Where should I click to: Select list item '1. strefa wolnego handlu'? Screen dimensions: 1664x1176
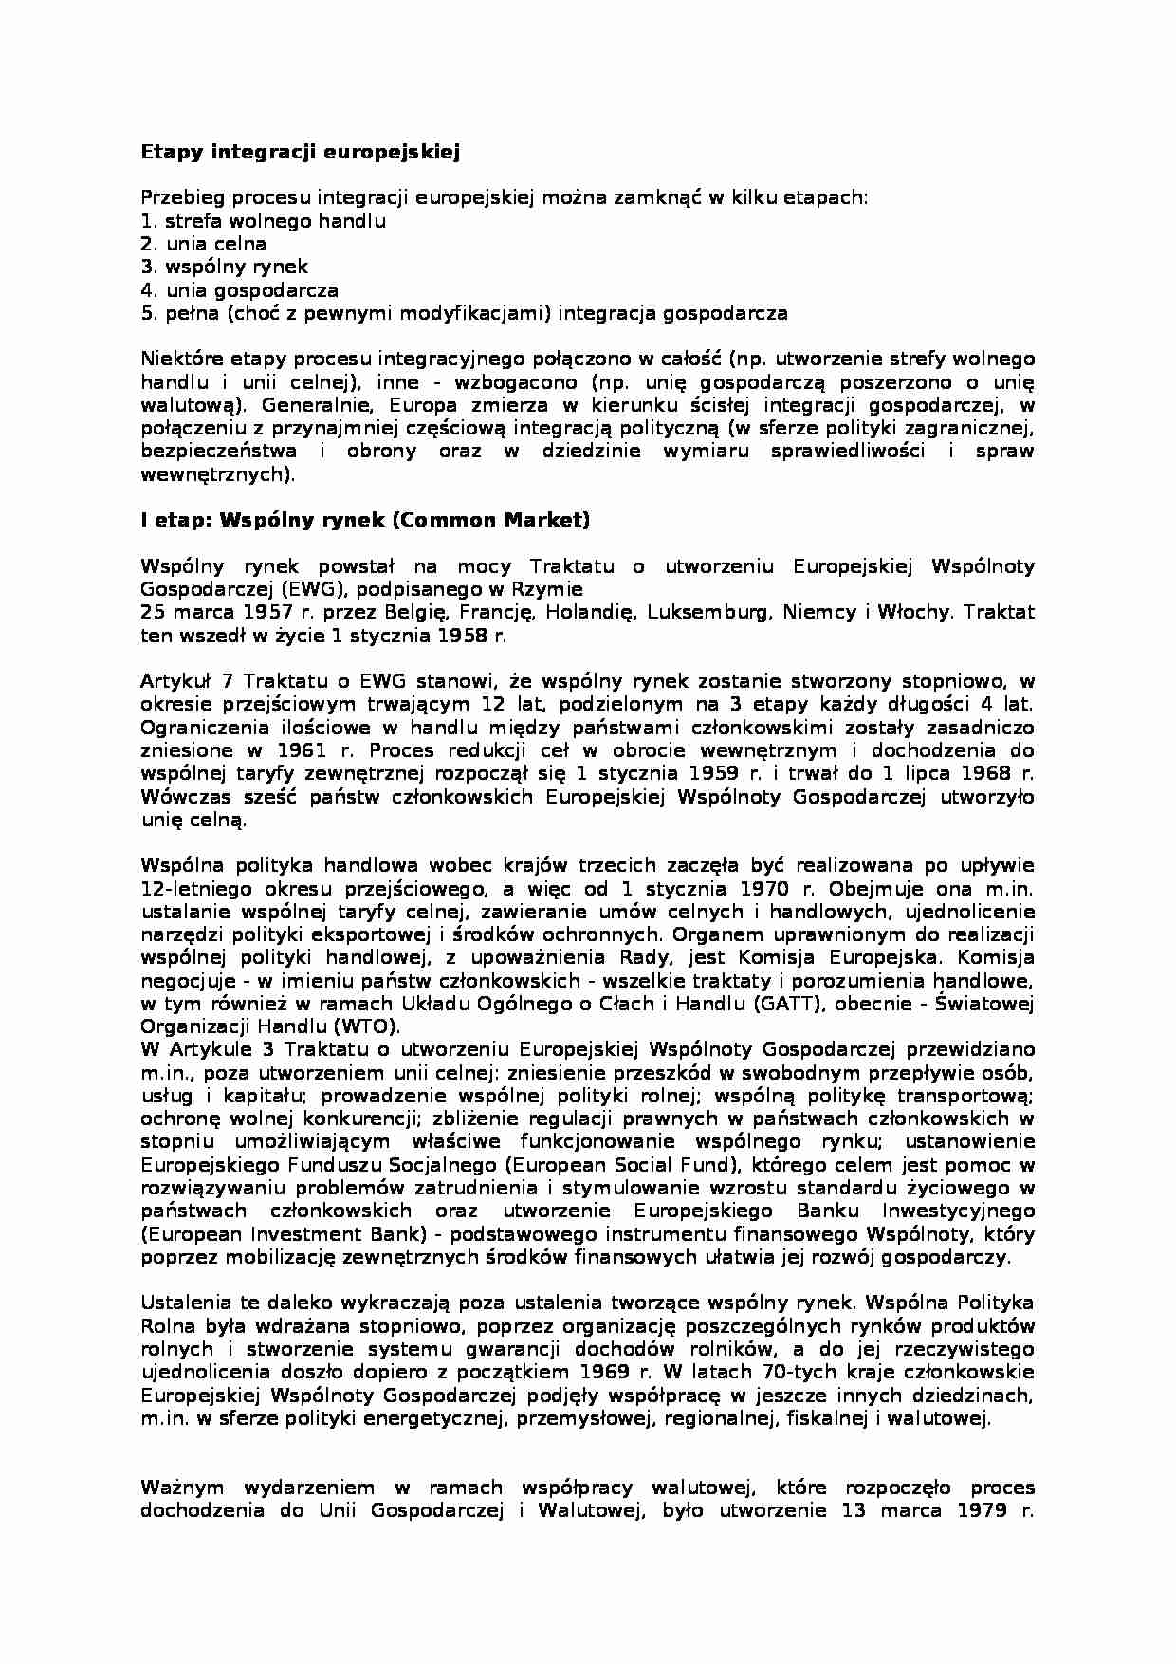pyautogui.click(x=263, y=221)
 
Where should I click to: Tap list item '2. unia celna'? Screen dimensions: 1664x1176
pyautogui.click(x=203, y=244)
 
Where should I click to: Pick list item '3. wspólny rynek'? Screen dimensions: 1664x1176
pyautogui.click(x=224, y=268)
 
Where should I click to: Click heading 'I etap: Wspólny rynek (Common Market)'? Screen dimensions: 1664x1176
pyautogui.click(x=365, y=520)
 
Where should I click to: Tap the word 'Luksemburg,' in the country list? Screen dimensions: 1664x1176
pyautogui.click(x=708, y=612)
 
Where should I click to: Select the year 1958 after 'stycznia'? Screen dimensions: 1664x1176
pyautogui.click(x=464, y=636)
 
